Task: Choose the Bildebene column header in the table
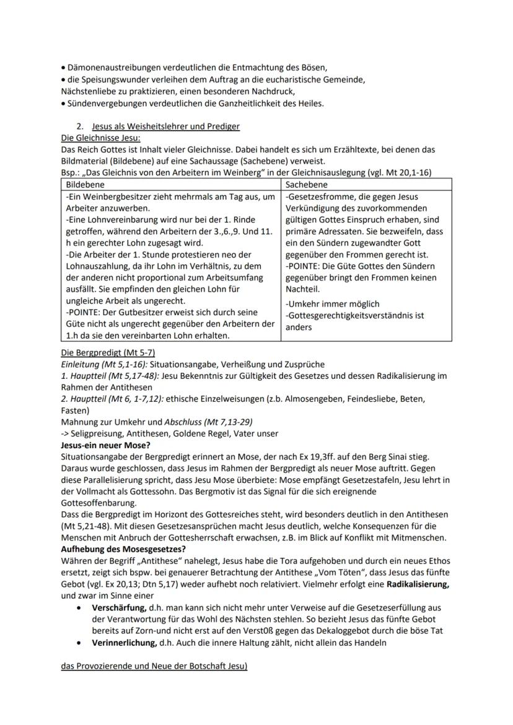pos(85,185)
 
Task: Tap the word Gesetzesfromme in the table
pos(319,197)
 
